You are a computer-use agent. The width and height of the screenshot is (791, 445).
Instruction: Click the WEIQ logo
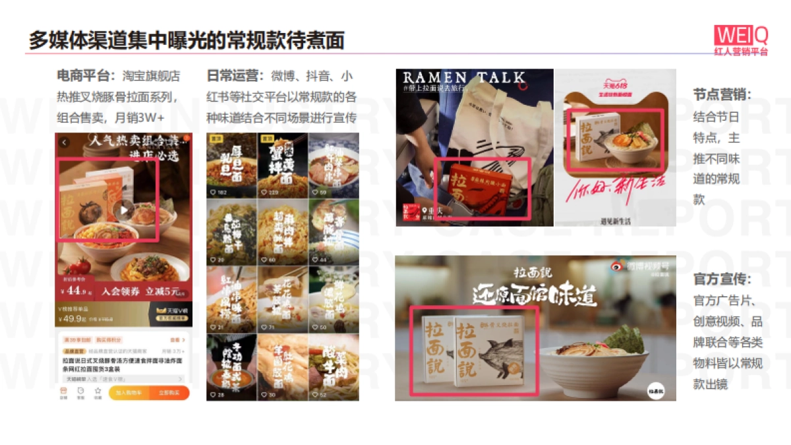[x=741, y=34]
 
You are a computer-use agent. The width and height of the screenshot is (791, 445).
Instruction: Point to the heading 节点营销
[x=722, y=94]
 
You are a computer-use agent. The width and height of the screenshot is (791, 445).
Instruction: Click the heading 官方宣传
[x=722, y=280]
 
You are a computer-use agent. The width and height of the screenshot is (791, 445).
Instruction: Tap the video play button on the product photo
[x=123, y=210]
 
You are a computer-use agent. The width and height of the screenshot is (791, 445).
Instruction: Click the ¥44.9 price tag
[x=76, y=290]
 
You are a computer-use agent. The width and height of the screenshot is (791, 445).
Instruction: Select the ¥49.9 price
[x=73, y=318]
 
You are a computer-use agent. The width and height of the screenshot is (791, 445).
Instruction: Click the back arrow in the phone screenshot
[x=65, y=142]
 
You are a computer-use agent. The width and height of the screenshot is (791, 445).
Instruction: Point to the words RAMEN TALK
[x=465, y=77]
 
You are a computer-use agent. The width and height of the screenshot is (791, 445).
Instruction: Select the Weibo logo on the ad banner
[x=616, y=266]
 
